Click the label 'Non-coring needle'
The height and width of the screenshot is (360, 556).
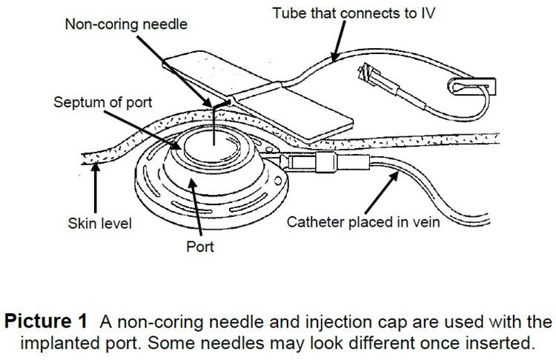[126, 24]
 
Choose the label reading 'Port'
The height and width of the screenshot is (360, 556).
[199, 246]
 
